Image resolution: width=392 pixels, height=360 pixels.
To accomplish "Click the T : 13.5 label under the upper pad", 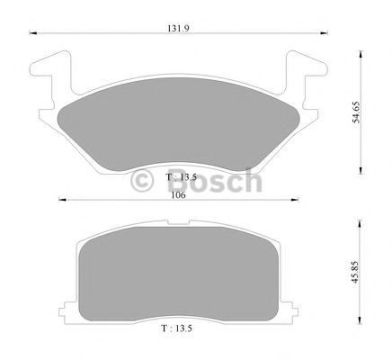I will click(180, 177).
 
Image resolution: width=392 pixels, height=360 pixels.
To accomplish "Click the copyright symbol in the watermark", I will click(145, 181).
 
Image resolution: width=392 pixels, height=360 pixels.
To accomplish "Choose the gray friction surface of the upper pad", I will click(180, 130).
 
